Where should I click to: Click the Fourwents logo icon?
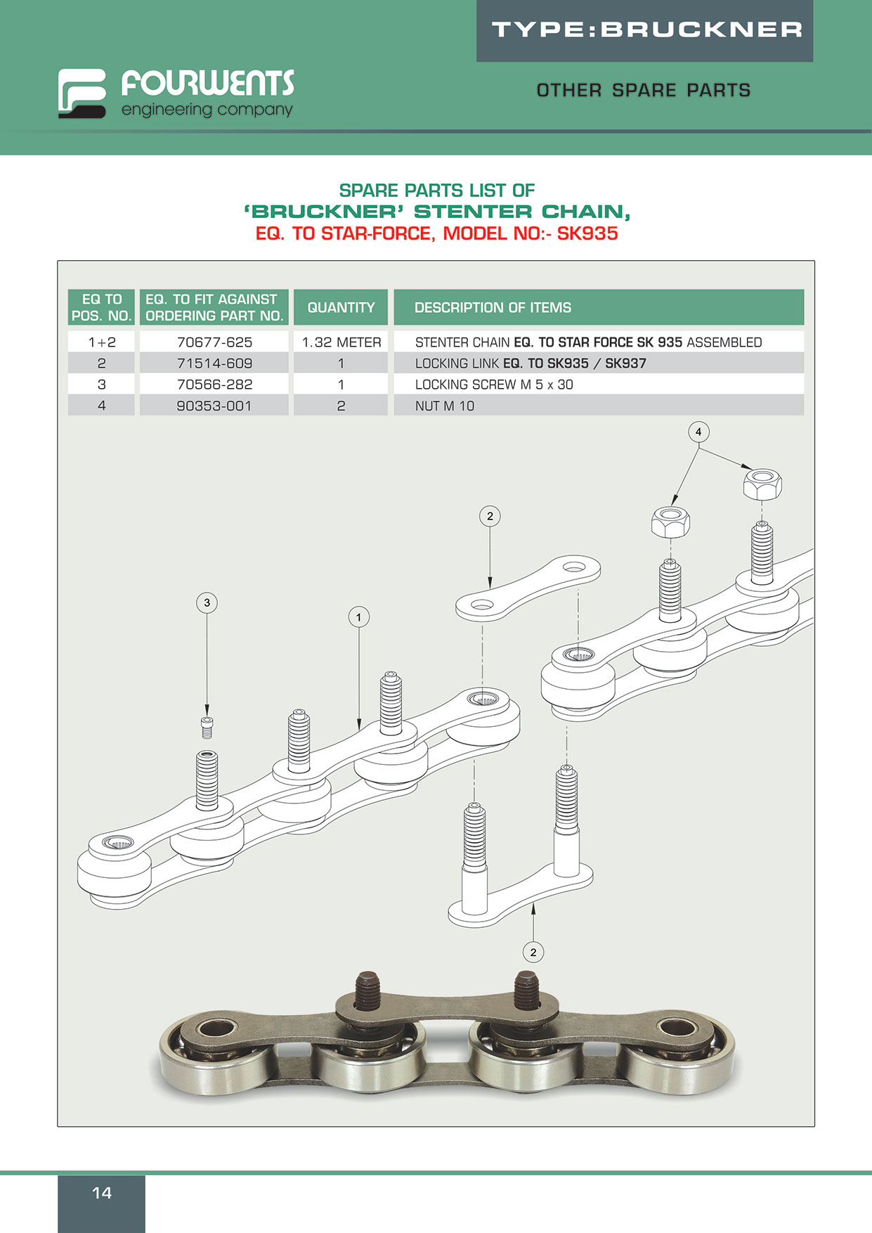pos(82,93)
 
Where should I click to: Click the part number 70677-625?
pos(214,342)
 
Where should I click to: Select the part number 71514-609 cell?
pos(214,363)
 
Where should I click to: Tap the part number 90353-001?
pos(214,406)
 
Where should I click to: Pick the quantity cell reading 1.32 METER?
pos(341,342)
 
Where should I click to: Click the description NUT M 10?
pos(445,406)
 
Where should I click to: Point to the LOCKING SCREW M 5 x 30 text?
pos(494,385)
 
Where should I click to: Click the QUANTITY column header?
pos(341,307)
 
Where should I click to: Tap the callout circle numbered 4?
pos(698,432)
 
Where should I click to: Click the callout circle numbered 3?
pos(207,602)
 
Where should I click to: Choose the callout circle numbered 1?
pos(358,617)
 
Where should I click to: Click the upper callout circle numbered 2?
pos(490,516)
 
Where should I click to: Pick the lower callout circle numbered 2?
pos(533,952)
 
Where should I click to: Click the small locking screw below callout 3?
pos(207,727)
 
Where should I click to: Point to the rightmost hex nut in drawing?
pos(762,484)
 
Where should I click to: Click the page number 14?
pos(102,1193)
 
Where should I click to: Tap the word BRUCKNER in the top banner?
pos(701,30)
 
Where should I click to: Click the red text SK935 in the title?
pos(587,233)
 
